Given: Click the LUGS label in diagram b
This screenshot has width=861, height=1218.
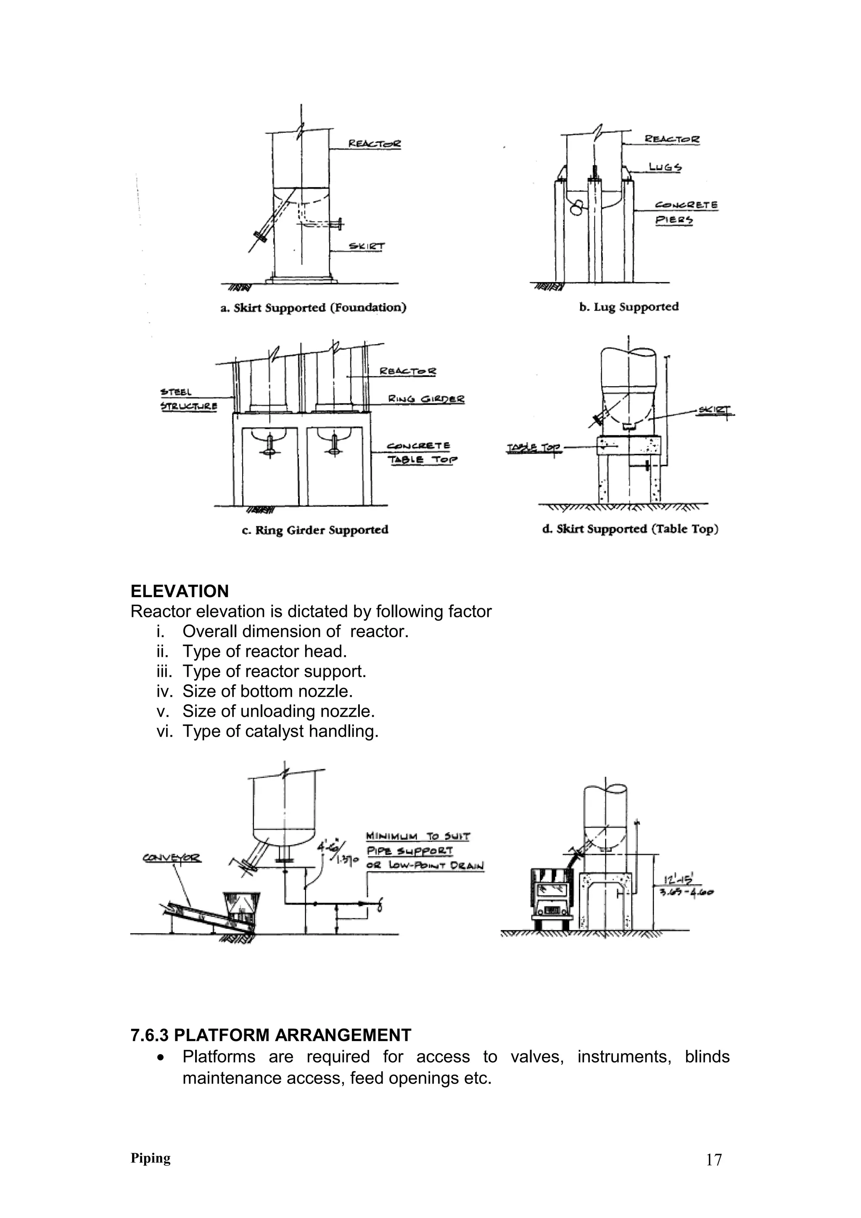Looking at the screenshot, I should (x=665, y=168).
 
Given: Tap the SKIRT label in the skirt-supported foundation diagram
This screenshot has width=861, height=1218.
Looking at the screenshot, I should (x=367, y=247).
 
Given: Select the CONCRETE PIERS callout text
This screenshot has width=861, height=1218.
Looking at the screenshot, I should (x=686, y=212).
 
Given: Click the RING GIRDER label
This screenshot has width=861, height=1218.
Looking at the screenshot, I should (x=426, y=399).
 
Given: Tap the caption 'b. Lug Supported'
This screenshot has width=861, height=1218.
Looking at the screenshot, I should (x=629, y=307).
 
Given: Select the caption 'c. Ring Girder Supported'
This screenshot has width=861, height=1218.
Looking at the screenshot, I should (x=315, y=530).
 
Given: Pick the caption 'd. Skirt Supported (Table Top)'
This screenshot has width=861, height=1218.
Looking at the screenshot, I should (x=630, y=529).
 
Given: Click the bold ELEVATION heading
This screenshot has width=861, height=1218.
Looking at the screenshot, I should (x=180, y=591).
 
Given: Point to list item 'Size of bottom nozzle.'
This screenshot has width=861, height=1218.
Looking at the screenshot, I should (x=267, y=691).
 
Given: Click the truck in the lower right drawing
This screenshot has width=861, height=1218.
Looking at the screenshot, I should (x=552, y=898).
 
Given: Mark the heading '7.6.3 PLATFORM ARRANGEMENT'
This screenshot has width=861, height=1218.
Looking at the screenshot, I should (x=271, y=1035).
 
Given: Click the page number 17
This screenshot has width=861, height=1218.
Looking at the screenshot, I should (x=713, y=1160).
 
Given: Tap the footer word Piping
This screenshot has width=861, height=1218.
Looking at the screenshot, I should (x=151, y=1158).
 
